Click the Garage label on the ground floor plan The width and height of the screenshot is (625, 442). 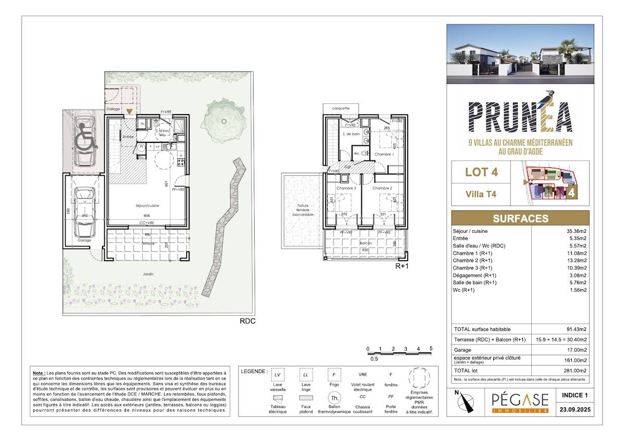tap(84, 240)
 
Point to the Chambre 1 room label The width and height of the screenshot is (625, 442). tap(383, 154)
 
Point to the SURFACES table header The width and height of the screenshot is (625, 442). tap(520, 218)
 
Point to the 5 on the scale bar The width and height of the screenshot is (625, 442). tap(431, 349)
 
